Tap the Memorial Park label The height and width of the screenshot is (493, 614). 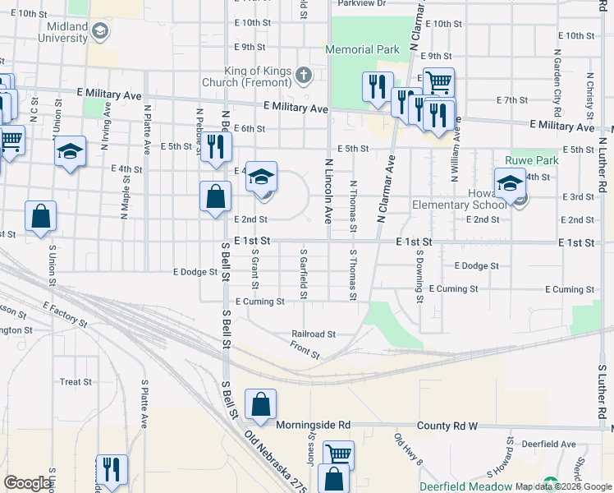[x=362, y=50]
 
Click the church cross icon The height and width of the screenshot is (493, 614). [x=304, y=76]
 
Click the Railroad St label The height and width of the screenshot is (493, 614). [x=314, y=334]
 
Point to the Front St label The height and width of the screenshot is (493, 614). [x=305, y=349]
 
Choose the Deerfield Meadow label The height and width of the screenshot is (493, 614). [x=465, y=486]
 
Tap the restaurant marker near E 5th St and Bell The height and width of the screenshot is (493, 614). [x=216, y=147]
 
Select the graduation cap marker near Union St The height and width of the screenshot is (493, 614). [x=71, y=152]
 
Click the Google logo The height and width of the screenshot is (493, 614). [x=27, y=483]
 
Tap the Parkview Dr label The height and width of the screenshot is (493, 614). [x=362, y=3]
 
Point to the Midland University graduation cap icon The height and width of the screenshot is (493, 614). [x=100, y=32]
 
